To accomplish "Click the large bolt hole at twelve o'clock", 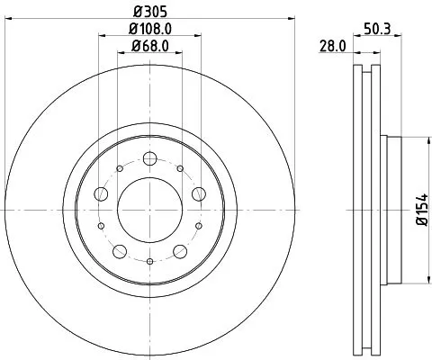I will [x=150, y=157].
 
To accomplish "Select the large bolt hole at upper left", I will [x=102, y=193].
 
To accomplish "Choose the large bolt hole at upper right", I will [x=199, y=193].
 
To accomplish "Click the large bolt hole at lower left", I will [x=120, y=249].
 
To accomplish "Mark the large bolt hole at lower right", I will [x=181, y=249].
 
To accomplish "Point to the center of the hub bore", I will [x=150, y=210].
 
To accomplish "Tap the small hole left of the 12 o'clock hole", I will [x=120, y=167].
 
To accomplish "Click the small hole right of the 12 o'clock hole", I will [x=181, y=167].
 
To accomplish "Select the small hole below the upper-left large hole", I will [x=101, y=226].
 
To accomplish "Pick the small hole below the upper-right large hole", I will [x=200, y=226].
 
